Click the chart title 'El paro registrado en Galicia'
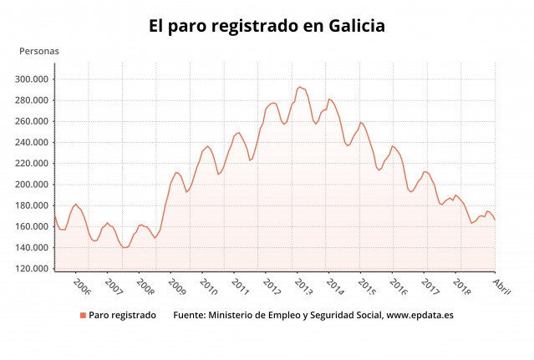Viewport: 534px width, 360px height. pyautogui.click(x=267, y=26)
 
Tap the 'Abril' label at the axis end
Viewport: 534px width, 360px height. pyautogui.click(x=501, y=285)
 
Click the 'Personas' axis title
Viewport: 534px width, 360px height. pyautogui.click(x=39, y=51)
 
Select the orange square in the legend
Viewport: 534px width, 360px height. pyautogui.click(x=83, y=315)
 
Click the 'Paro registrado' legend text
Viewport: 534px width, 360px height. pyautogui.click(x=122, y=315)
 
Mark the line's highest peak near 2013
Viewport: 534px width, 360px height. pyautogui.click(x=299, y=87)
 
